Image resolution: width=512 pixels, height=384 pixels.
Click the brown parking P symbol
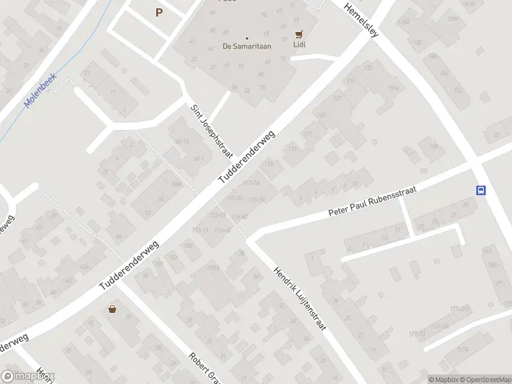[159, 12]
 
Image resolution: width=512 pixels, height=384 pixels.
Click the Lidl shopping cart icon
[298, 35]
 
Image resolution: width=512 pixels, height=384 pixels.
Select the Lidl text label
[299, 45]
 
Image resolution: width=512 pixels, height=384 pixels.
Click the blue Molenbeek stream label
[40, 90]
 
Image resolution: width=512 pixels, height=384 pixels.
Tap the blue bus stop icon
[480, 190]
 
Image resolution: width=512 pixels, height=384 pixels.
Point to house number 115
[270, 165]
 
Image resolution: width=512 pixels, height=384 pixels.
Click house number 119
[293, 150]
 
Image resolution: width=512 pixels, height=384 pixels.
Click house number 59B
[176, 185]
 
